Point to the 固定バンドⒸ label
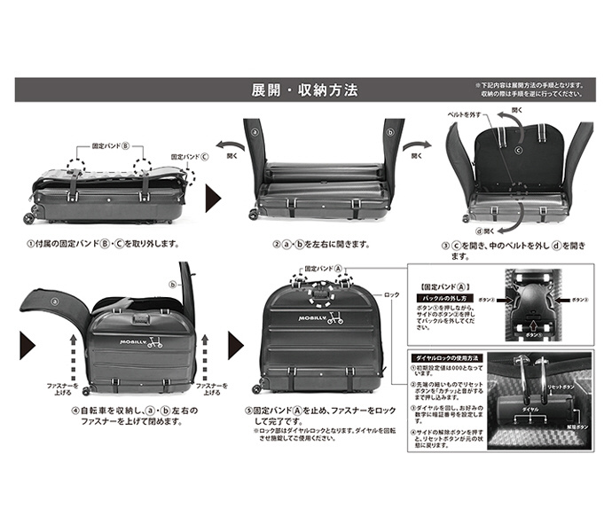[x=191, y=154]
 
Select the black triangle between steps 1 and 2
[x=214, y=193]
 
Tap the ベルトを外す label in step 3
[x=463, y=116]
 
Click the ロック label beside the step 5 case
[x=393, y=295]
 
